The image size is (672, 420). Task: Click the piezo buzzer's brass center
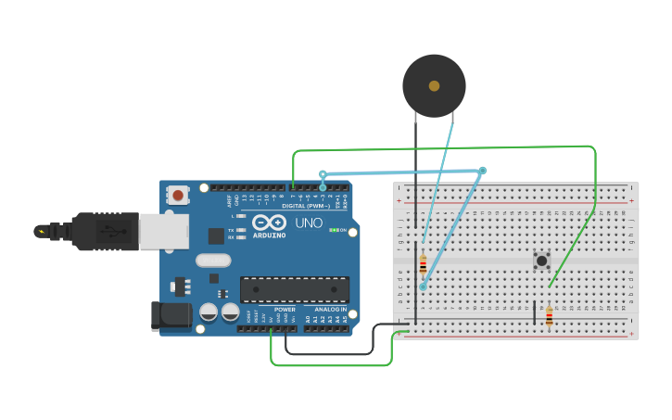[x=434, y=86]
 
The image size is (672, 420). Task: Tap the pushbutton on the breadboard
[x=541, y=261]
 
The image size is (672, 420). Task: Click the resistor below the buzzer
[x=423, y=265]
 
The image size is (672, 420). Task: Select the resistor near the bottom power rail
[x=549, y=317]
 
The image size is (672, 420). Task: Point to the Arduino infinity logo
[x=269, y=223]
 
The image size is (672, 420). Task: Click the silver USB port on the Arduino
[x=164, y=231]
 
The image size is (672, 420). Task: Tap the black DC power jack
[x=171, y=315]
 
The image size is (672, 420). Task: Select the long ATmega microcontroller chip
[x=295, y=289]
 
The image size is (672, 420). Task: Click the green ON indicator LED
[x=333, y=230]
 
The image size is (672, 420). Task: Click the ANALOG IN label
[x=330, y=310]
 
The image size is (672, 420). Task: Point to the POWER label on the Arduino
[x=285, y=310]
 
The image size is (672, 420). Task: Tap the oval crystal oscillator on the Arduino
[x=212, y=261]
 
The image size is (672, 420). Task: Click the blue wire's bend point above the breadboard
[x=482, y=171]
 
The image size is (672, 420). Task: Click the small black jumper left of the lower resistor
[x=534, y=312]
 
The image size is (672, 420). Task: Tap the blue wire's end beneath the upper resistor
[x=423, y=286]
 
